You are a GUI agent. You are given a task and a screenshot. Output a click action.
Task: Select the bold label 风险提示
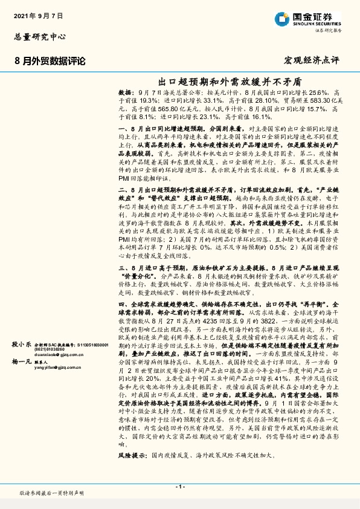coord(133,469)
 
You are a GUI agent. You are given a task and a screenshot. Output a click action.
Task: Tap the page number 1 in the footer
coord(179,486)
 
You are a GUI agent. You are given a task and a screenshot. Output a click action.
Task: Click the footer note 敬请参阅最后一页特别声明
coord(51,493)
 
